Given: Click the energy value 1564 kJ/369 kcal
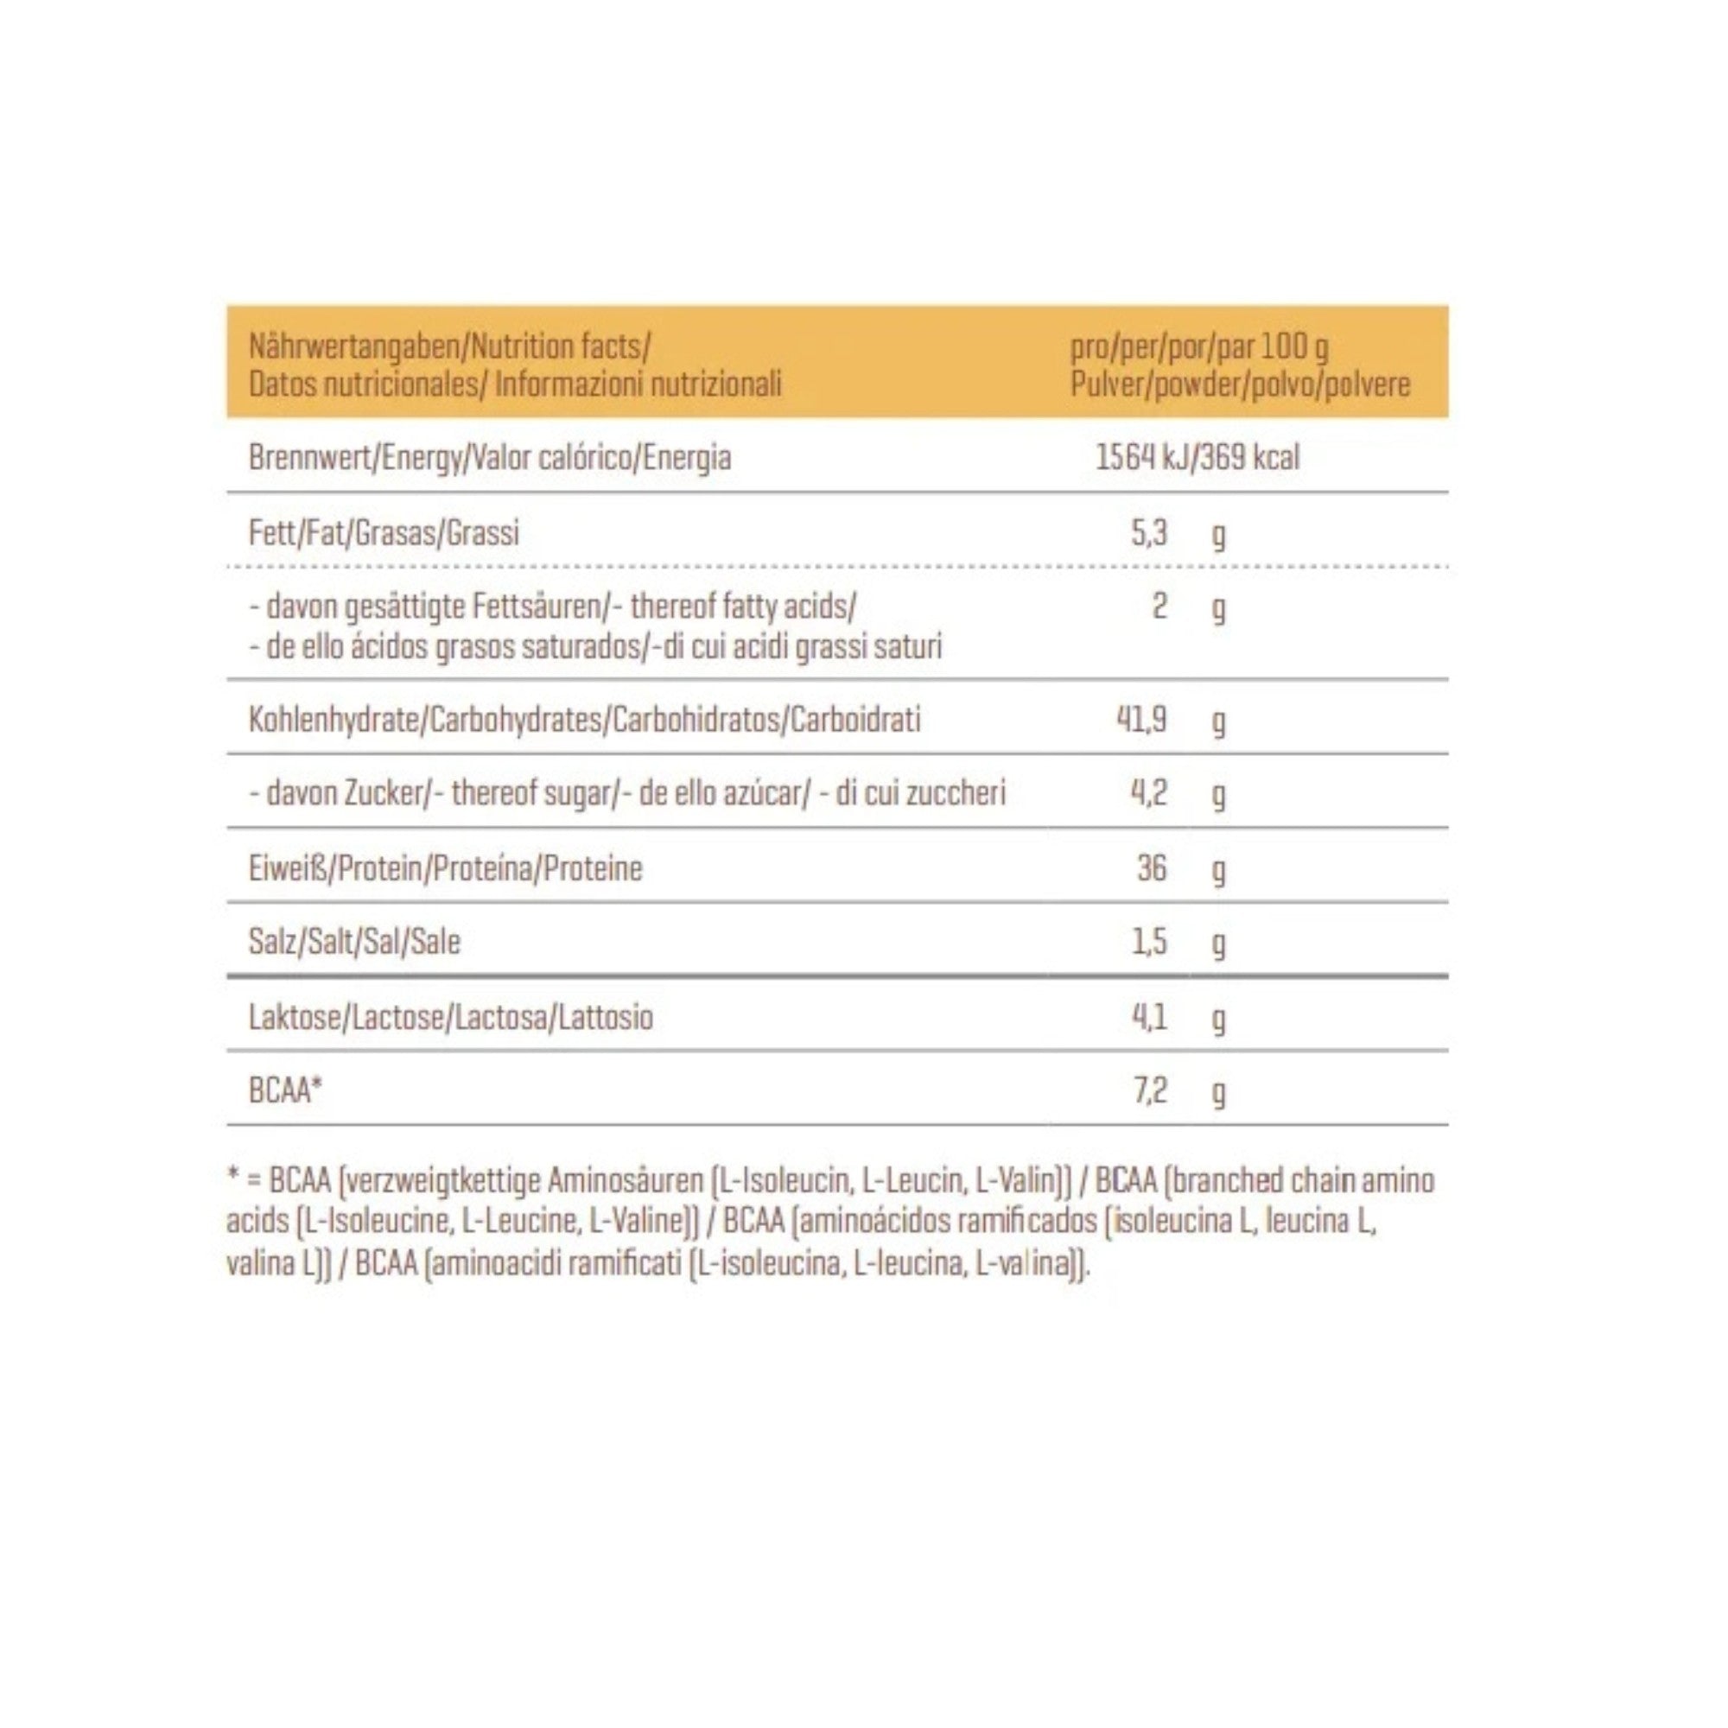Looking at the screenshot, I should pos(1198,458).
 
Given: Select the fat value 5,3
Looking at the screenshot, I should pos(1149,534).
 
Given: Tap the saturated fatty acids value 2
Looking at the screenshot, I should pos(1159,607).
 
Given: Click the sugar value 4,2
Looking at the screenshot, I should pos(1149,793).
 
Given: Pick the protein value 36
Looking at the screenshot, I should pos(1152,867).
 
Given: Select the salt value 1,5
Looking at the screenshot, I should pos(1149,942).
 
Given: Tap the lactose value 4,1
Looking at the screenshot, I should pos(1149,1017).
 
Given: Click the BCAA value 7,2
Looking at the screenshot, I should pos(1150,1091).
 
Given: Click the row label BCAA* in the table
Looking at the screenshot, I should pos(285,1091).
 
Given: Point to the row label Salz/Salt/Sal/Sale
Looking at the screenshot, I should pos(354,942).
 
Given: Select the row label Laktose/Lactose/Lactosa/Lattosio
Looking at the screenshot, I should pos(451,1017).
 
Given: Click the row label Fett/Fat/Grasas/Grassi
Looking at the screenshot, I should pos(384,534).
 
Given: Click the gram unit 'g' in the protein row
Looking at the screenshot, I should pos(1218,870).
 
